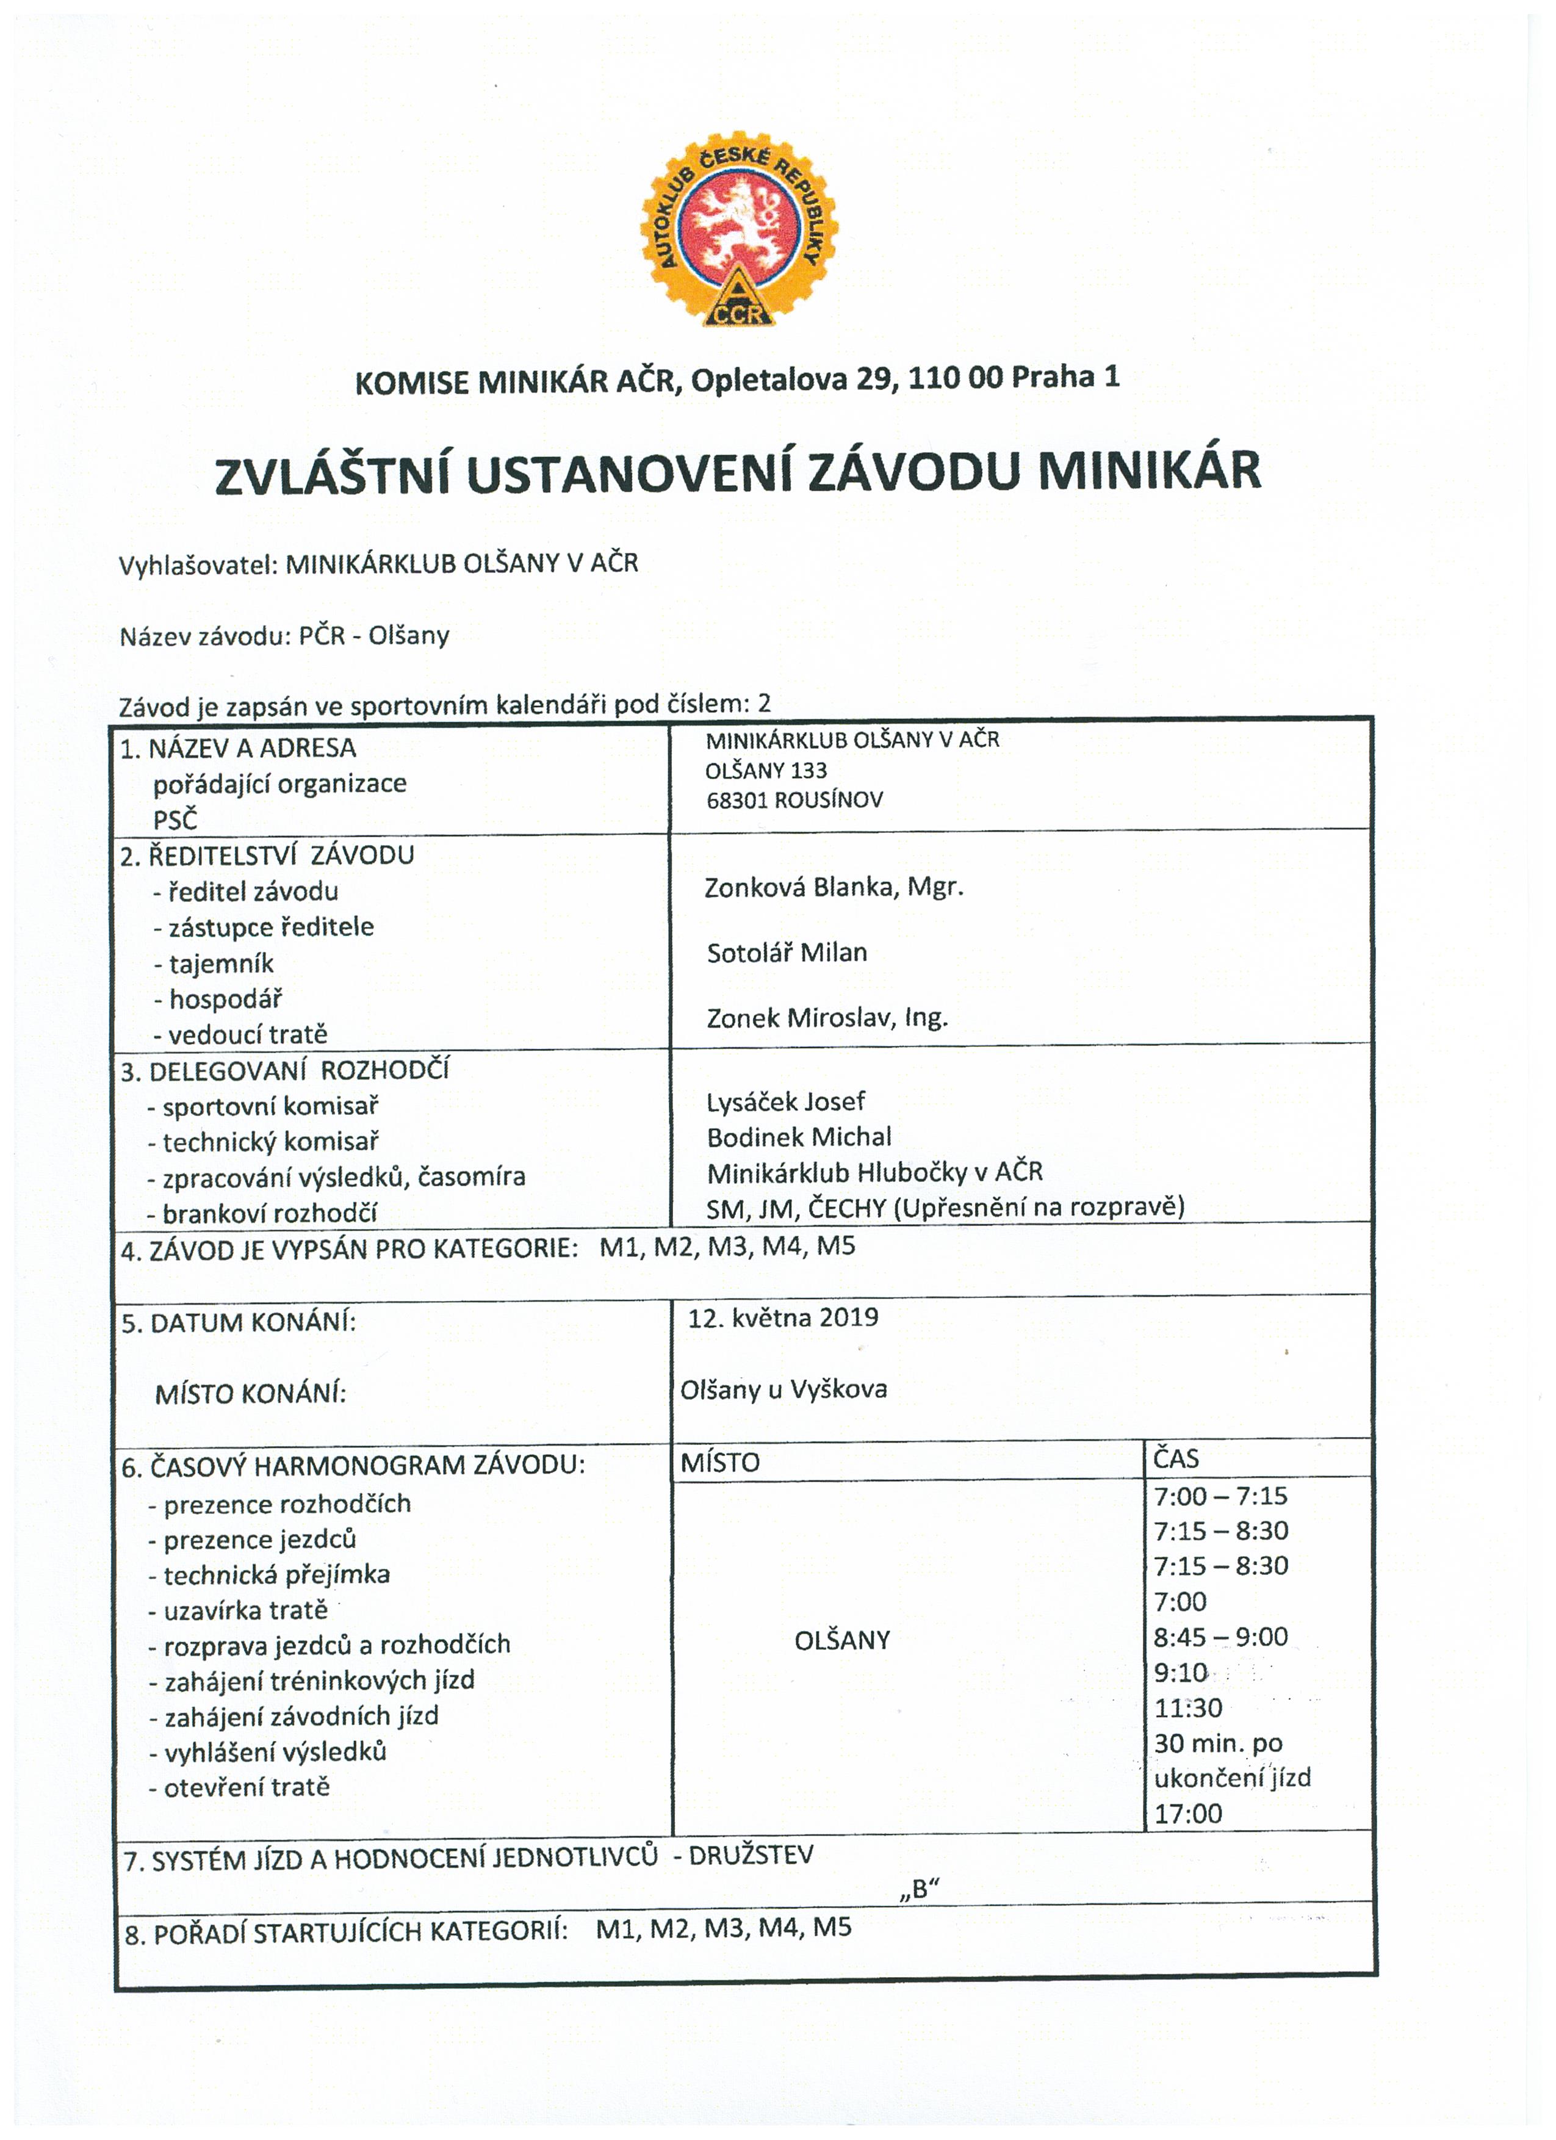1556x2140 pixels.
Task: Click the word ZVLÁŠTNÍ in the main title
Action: tap(328, 475)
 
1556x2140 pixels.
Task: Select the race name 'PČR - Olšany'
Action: tap(373, 636)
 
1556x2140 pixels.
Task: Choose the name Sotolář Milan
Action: tap(787, 953)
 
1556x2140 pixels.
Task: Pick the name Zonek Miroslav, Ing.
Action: tap(827, 1018)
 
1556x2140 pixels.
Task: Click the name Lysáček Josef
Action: tap(786, 1102)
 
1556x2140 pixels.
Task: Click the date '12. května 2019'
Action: tap(783, 1318)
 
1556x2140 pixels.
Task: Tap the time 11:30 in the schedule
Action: tap(1188, 1709)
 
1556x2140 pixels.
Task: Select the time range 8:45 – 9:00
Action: tap(1220, 1637)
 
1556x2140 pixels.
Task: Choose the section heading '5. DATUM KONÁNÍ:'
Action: tap(239, 1323)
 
